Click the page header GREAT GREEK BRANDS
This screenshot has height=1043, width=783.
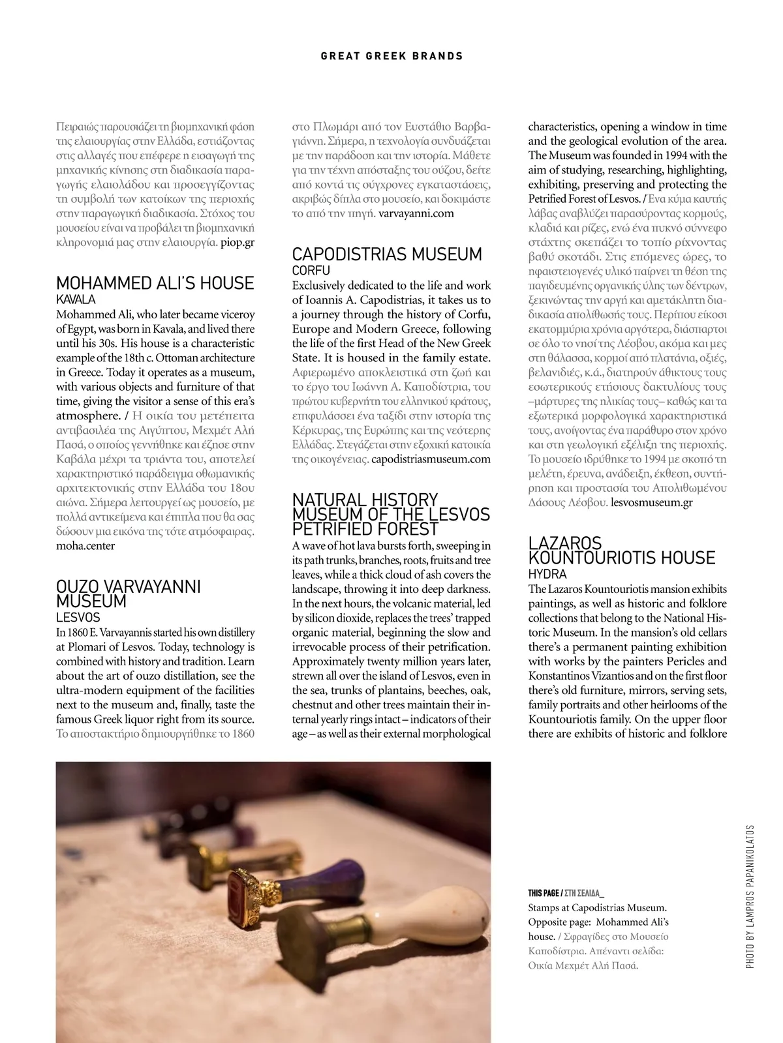391,56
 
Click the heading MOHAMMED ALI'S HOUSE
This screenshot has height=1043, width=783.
155,283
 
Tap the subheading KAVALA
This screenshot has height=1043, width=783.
76,299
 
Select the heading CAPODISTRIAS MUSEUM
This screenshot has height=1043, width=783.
387,254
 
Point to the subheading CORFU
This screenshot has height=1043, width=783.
311,270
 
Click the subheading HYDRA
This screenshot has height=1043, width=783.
547,574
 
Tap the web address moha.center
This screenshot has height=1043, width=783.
85,546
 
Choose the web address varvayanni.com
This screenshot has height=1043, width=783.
416,213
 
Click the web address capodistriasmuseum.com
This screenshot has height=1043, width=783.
431,459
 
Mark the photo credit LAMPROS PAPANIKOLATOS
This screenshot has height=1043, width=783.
750,897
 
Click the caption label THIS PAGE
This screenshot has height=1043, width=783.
543,893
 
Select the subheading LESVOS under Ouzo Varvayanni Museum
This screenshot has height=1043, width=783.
78,617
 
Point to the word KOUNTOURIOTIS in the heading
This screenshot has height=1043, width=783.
622,558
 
